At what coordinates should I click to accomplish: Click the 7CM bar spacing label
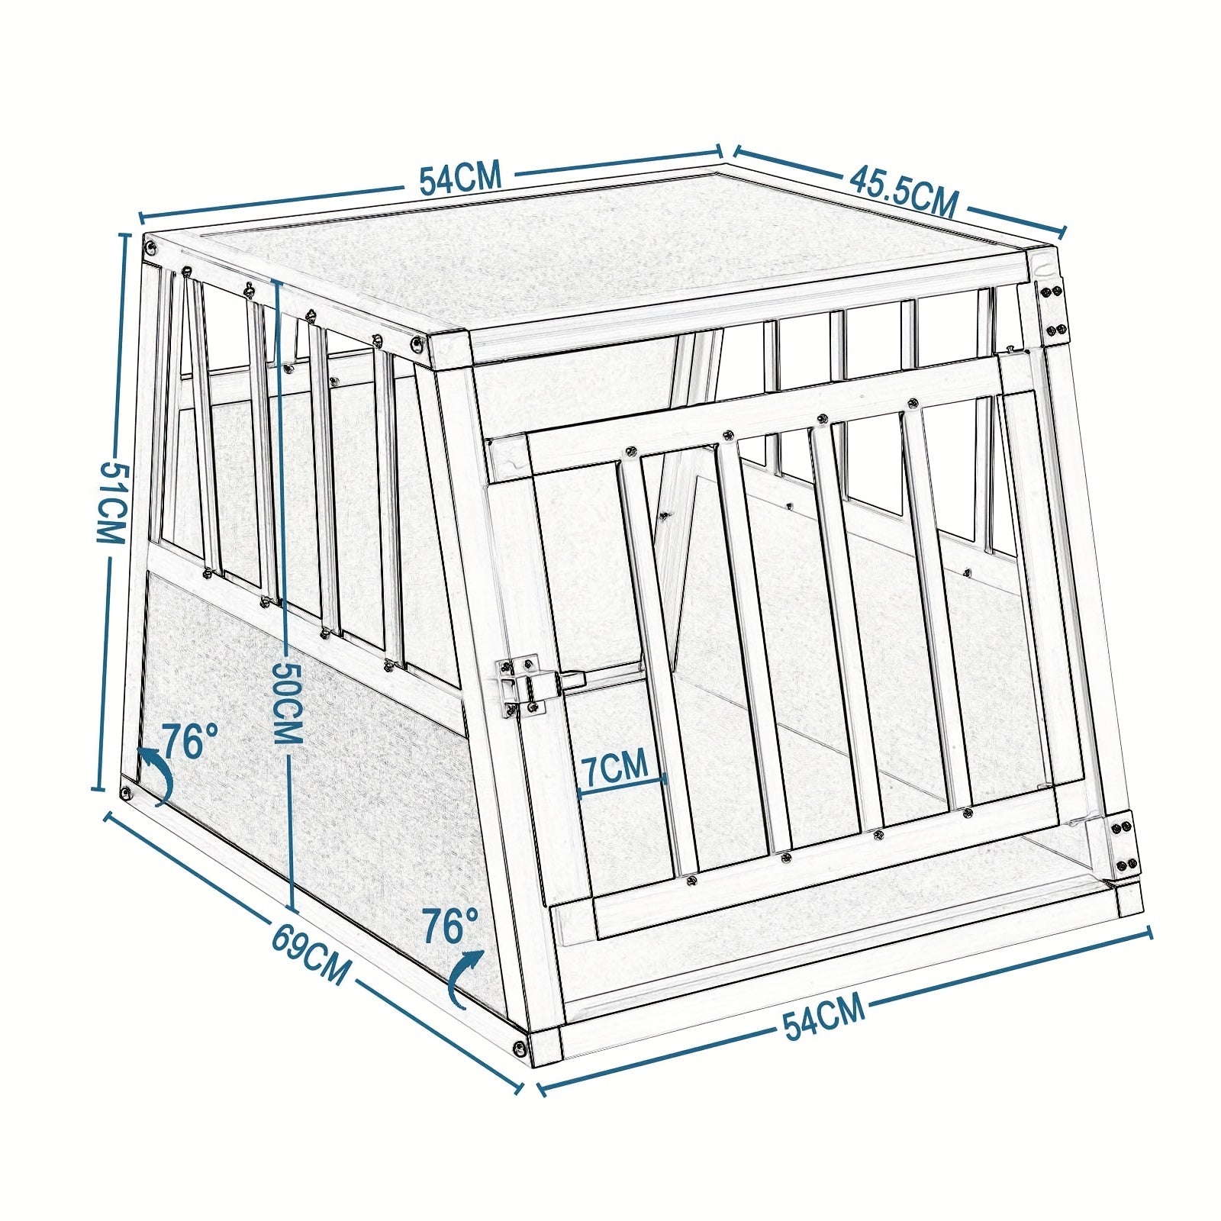click(615, 765)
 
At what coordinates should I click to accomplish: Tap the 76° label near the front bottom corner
click(450, 926)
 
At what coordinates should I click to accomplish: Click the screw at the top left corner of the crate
click(153, 248)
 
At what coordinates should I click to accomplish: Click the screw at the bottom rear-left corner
click(126, 792)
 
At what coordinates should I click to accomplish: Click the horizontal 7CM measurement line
click(623, 786)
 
